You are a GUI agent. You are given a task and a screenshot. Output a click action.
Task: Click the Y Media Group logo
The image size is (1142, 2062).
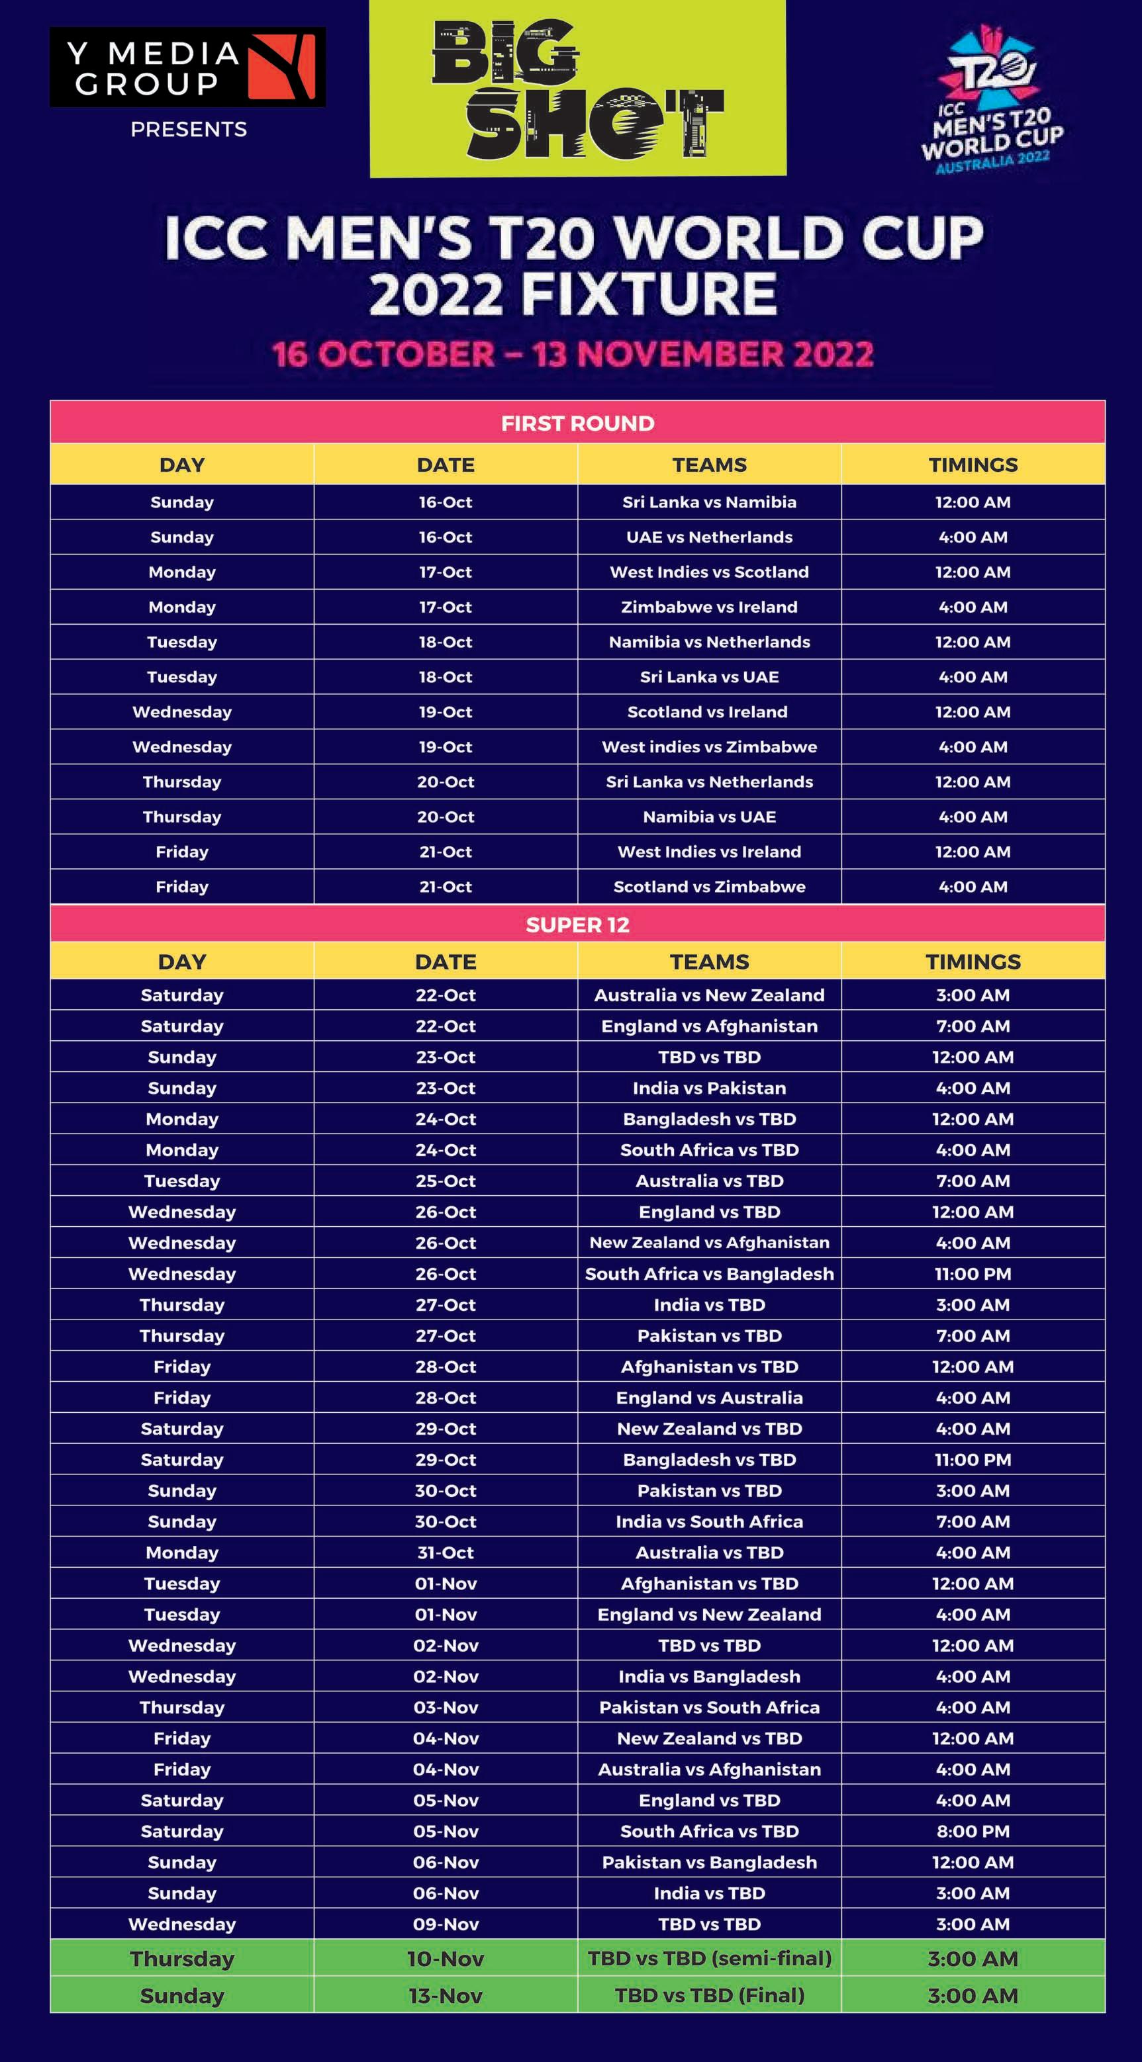point(187,67)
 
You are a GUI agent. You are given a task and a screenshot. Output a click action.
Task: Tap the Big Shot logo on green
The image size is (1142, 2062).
point(577,88)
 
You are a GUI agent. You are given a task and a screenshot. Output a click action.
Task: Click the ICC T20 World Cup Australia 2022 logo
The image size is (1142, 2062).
point(993,100)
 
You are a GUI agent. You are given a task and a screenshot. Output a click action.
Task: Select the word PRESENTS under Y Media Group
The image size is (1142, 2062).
point(188,130)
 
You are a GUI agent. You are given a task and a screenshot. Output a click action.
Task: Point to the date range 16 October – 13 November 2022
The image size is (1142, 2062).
point(572,355)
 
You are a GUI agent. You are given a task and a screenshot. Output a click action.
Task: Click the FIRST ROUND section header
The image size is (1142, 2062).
point(577,423)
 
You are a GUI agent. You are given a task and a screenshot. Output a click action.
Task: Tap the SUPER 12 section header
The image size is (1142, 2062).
point(577,924)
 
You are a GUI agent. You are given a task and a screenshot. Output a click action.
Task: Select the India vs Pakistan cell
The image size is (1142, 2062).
point(709,1088)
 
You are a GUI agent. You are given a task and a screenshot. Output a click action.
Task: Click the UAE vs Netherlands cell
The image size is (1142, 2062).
point(709,537)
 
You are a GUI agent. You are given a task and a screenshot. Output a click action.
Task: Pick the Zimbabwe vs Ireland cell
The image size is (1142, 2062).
point(709,607)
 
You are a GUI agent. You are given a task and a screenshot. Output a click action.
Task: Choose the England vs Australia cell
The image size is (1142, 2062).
point(709,1398)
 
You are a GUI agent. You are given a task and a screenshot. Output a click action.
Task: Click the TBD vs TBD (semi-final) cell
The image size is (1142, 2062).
point(709,1959)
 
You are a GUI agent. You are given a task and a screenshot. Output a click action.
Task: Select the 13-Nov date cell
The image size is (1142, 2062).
point(446,1996)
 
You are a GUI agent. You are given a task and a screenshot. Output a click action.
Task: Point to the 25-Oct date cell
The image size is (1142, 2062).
point(446,1181)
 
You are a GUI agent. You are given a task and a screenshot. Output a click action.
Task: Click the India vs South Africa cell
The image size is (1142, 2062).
point(709,1522)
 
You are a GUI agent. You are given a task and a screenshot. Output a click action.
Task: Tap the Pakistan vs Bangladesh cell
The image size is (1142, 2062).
point(709,1863)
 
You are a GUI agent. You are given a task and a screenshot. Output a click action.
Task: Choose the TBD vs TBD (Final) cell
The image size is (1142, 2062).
point(709,1996)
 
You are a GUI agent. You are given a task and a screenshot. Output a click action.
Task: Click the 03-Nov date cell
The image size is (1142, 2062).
point(446,1707)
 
